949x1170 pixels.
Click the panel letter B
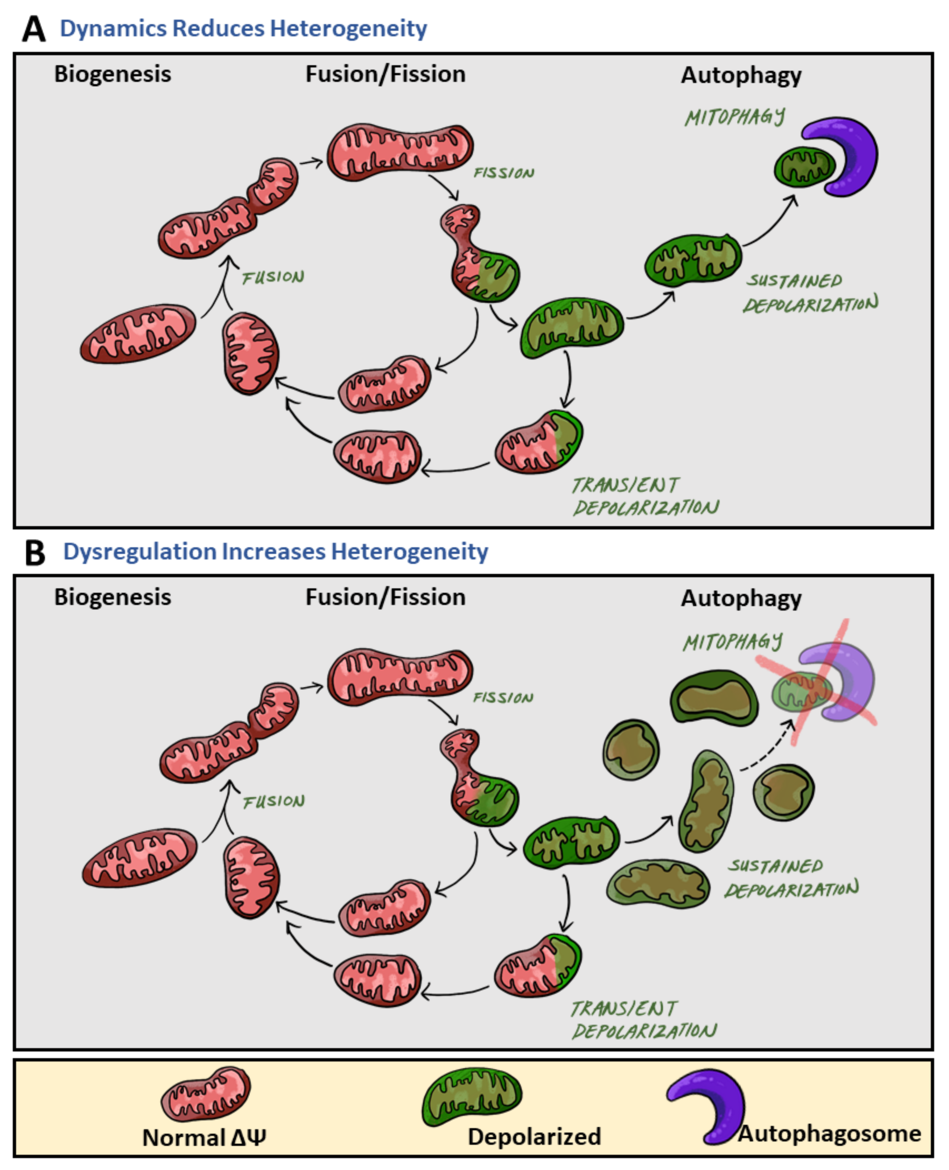pos(35,553)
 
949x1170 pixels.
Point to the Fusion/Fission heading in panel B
pos(385,597)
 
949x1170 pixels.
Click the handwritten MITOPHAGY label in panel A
pos(734,117)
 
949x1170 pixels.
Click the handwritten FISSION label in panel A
pos(503,173)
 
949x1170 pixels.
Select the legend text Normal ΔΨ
pos(204,1138)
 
